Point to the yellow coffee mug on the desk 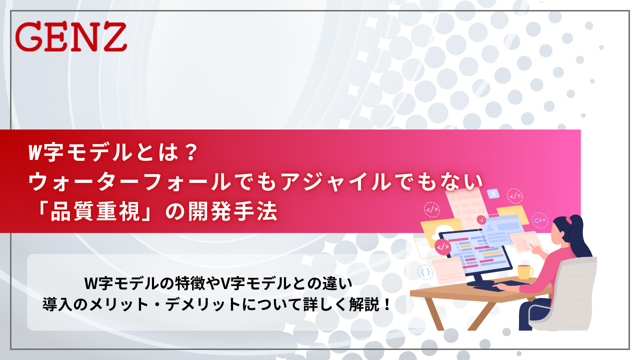tap(524, 271)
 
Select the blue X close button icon tap(493, 193)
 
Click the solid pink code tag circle tap(442, 246)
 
